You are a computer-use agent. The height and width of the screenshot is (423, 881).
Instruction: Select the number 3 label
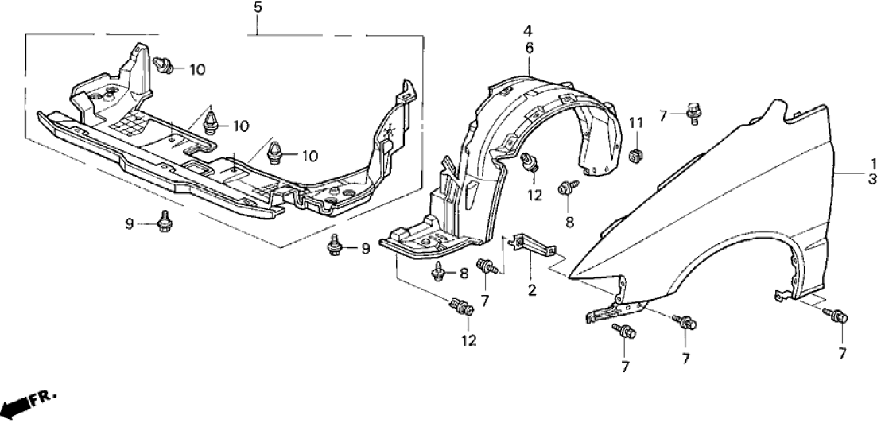pos(872,180)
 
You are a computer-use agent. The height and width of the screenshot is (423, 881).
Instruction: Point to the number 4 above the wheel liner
pos(527,33)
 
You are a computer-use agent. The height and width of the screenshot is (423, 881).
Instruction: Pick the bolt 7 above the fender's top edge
pos(693,112)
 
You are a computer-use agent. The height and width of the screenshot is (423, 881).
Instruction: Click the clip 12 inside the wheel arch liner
pos(529,163)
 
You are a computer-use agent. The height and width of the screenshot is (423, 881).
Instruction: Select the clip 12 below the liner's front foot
pos(463,306)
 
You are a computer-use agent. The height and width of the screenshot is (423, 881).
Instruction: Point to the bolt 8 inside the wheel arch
pos(567,188)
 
